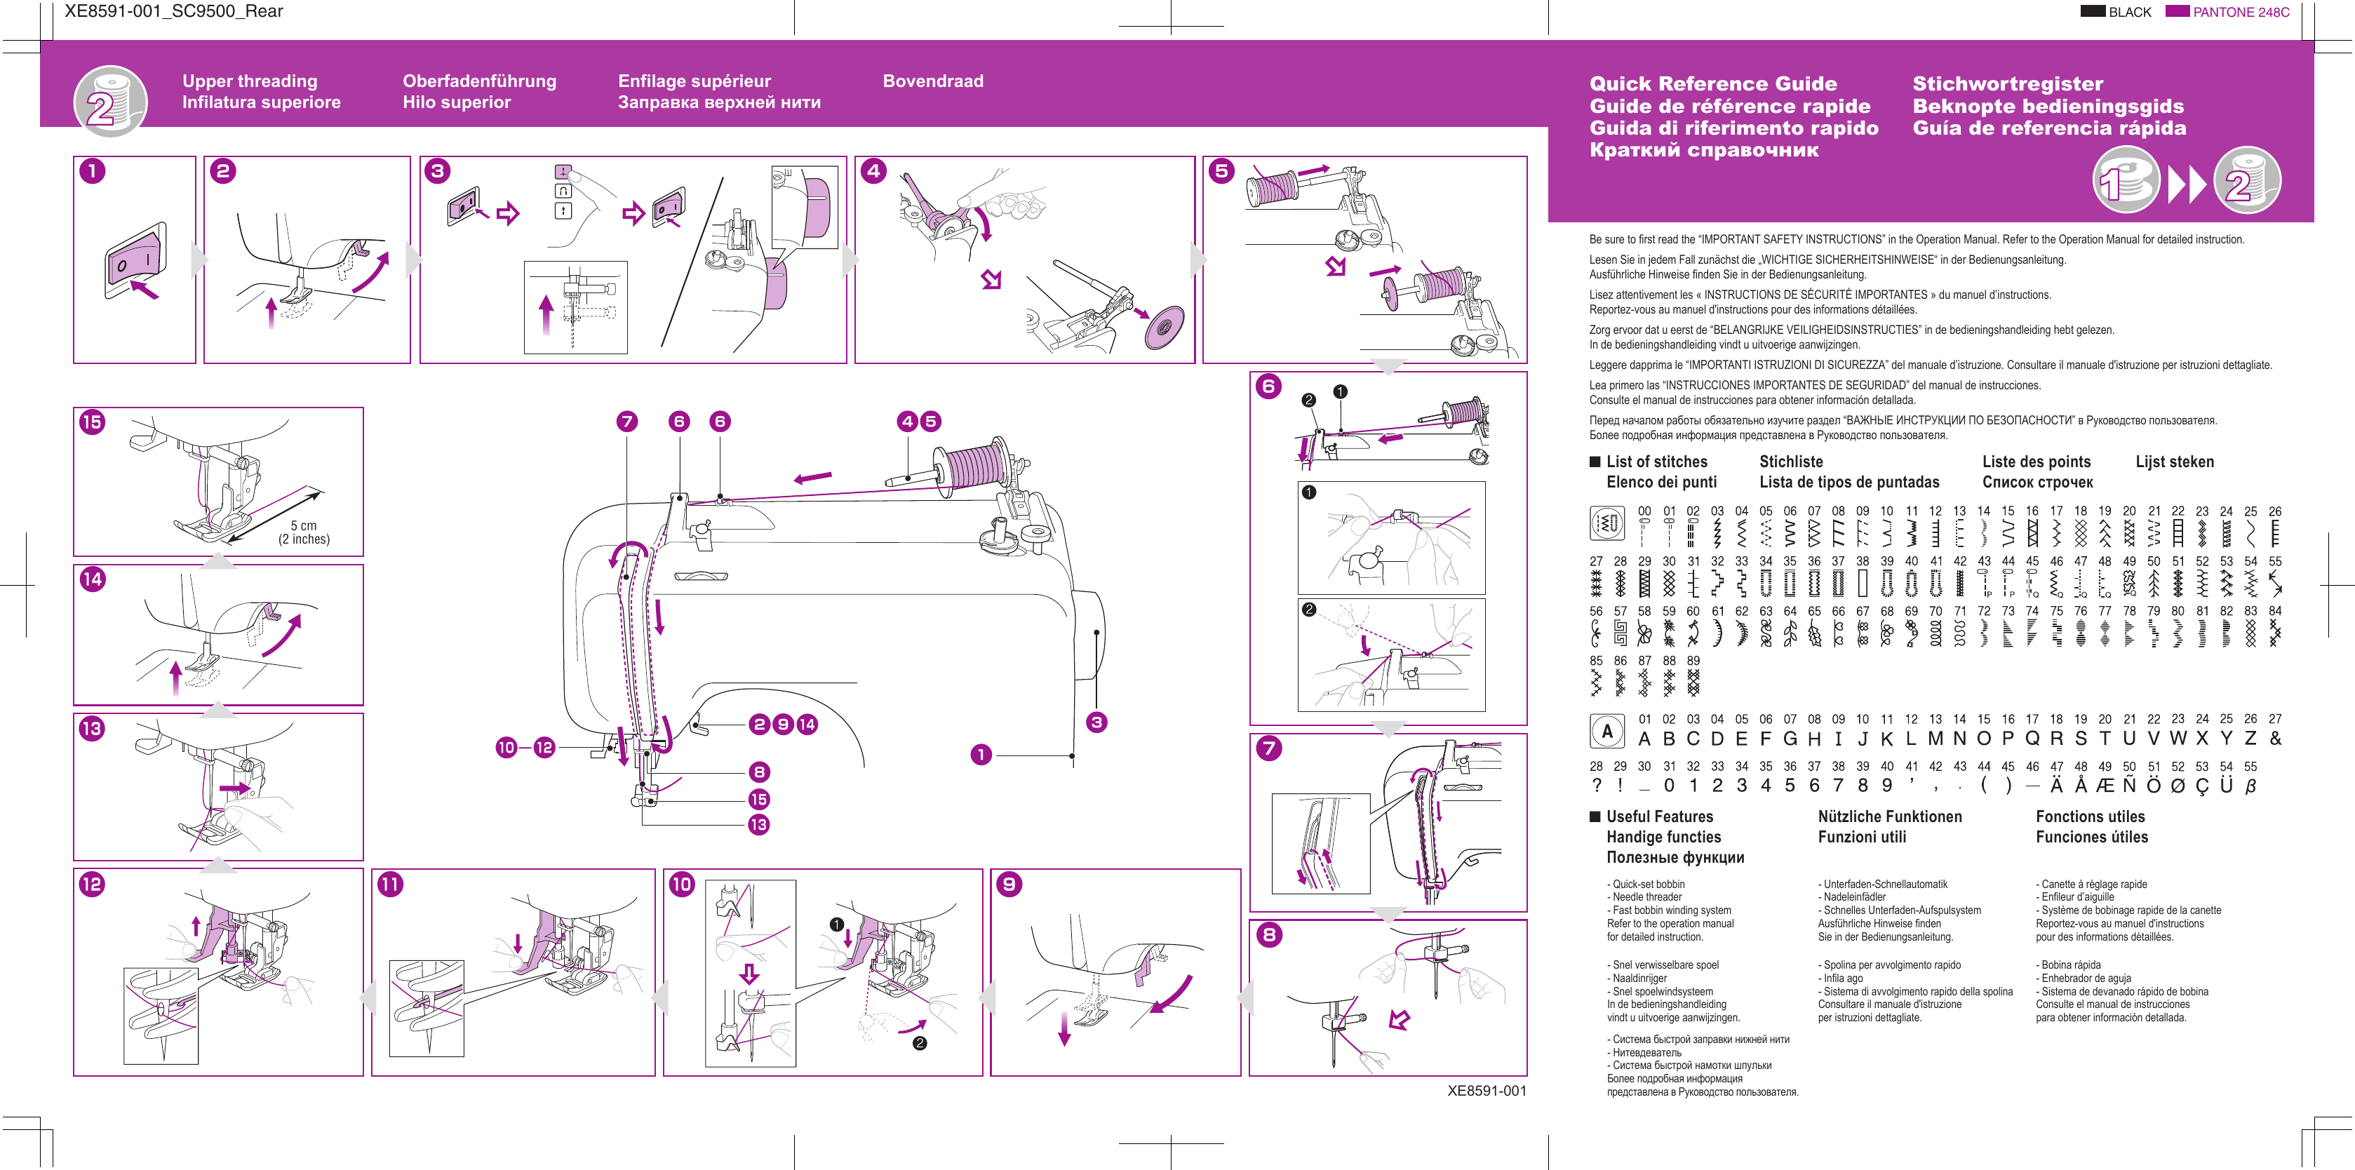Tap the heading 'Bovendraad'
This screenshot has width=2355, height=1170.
pos(932,81)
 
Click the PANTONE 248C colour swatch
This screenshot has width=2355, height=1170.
pos(2177,11)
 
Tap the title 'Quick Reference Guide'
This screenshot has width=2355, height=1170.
pos(1712,83)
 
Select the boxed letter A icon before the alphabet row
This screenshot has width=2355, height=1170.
pos(1607,731)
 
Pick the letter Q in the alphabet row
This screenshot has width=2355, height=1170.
pos(2032,739)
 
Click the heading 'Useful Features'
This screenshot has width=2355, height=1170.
pos(1659,816)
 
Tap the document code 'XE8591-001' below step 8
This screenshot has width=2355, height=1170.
pos(1487,1091)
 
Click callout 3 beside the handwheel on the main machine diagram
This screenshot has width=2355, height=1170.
pos(1096,722)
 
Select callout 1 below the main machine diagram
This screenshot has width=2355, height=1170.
pos(981,754)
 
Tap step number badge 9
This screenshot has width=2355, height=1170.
pos(1009,884)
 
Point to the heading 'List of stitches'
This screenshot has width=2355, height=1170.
pos(1656,462)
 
